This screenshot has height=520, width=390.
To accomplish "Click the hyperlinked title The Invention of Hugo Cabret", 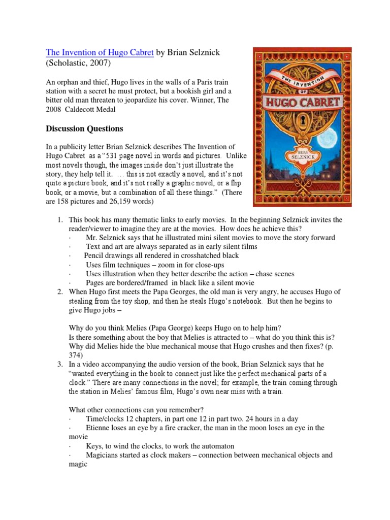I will pyautogui.click(x=100, y=53).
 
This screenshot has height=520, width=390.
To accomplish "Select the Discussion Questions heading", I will pyautogui.click(x=85, y=128).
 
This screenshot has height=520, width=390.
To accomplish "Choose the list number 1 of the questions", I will pyautogui.click(x=59, y=219).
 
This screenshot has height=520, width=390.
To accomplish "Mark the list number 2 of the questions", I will pyautogui.click(x=59, y=291).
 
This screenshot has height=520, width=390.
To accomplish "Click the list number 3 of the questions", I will pyautogui.click(x=59, y=364).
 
